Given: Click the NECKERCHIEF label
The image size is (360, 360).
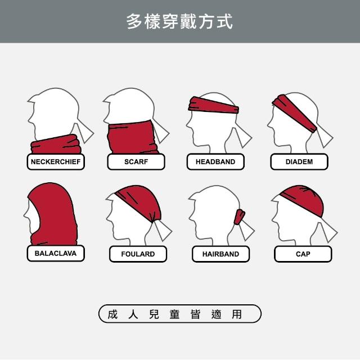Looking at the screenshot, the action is tap(56, 161).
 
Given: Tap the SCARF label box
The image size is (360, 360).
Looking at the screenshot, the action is tap(136, 161).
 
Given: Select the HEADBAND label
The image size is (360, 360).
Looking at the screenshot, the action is tap(215, 161).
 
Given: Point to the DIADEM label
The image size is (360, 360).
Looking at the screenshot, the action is tap(299, 161).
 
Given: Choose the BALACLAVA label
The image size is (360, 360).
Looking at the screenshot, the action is tap(56, 253).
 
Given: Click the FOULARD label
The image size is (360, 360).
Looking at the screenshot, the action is tap(138, 254).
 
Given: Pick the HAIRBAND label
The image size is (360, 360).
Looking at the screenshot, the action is tap(220, 254).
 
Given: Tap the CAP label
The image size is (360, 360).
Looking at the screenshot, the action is tap(303, 254).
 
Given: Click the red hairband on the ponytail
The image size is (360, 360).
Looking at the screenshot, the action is tap(240, 217).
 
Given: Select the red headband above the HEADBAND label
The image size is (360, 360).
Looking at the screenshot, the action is tap(214, 105).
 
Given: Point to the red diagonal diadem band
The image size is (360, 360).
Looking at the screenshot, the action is tap(294, 113).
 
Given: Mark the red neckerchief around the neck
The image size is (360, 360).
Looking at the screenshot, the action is tap(56, 145).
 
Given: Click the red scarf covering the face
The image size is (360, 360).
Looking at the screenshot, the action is tap(132, 137).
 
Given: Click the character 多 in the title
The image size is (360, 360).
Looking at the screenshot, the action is tap(134, 21).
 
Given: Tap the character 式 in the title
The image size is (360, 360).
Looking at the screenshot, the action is tap(225, 21).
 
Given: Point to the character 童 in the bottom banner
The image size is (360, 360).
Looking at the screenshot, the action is tap(174, 314).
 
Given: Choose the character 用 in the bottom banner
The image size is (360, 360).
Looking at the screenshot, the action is tap(237, 314).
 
